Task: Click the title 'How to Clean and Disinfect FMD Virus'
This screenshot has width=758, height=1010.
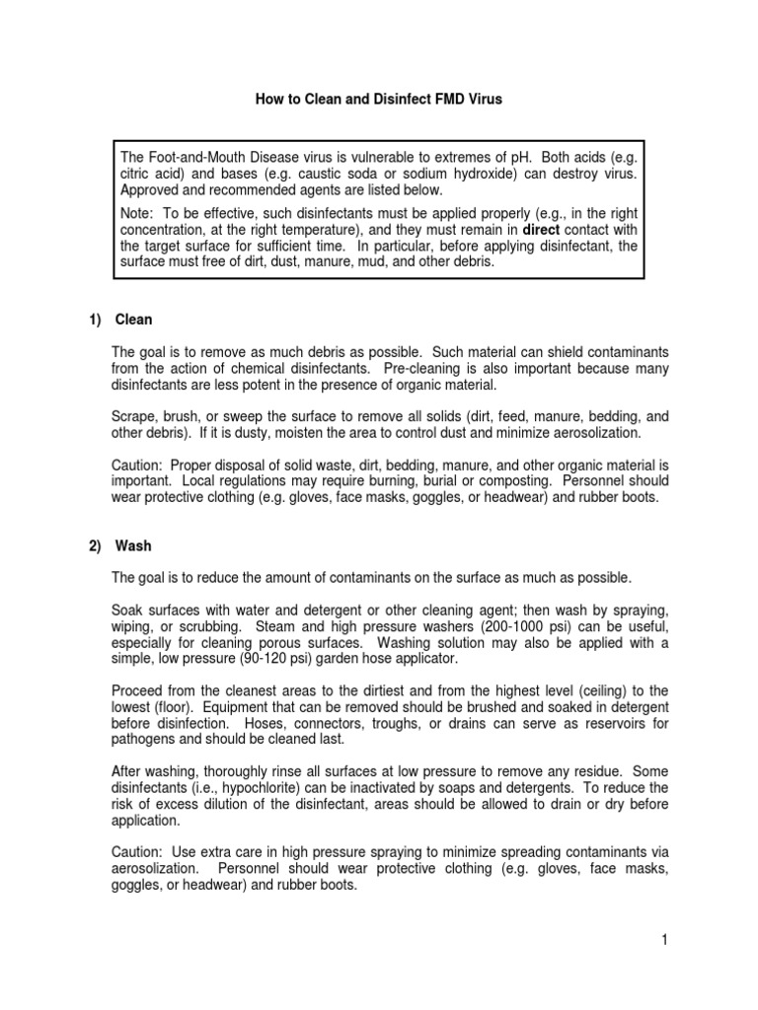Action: tap(378, 100)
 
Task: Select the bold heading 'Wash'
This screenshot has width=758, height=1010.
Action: tap(133, 545)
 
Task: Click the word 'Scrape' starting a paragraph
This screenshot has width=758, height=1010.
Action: tap(135, 416)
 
